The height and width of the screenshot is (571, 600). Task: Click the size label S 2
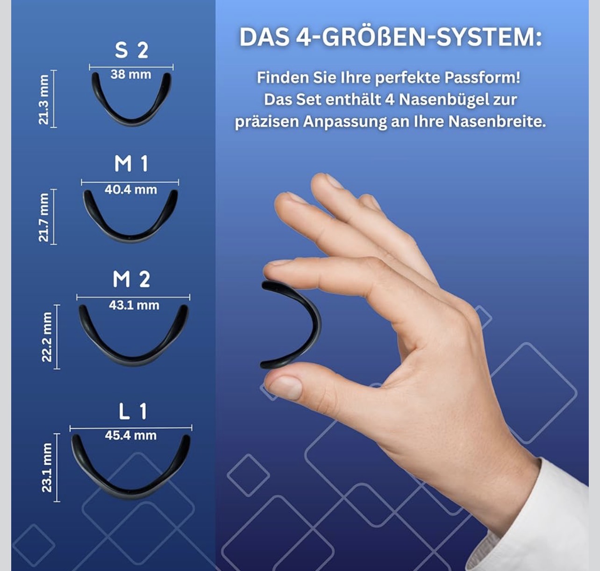click(131, 50)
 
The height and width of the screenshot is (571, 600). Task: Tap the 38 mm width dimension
click(131, 74)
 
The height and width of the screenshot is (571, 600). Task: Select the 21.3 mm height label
click(43, 99)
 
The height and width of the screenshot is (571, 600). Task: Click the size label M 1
click(131, 164)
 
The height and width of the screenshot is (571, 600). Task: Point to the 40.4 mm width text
click(131, 190)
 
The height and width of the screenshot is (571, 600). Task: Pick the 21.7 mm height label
click(43, 217)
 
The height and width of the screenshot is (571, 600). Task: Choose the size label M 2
click(131, 279)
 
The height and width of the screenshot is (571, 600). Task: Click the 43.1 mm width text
click(134, 305)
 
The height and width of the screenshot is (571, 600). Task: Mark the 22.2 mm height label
click(47, 337)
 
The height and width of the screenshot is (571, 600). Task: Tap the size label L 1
click(133, 411)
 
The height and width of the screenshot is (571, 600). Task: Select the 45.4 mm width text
click(131, 436)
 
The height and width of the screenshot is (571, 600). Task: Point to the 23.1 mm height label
click(47, 468)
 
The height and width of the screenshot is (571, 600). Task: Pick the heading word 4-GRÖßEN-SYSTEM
click(419, 37)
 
